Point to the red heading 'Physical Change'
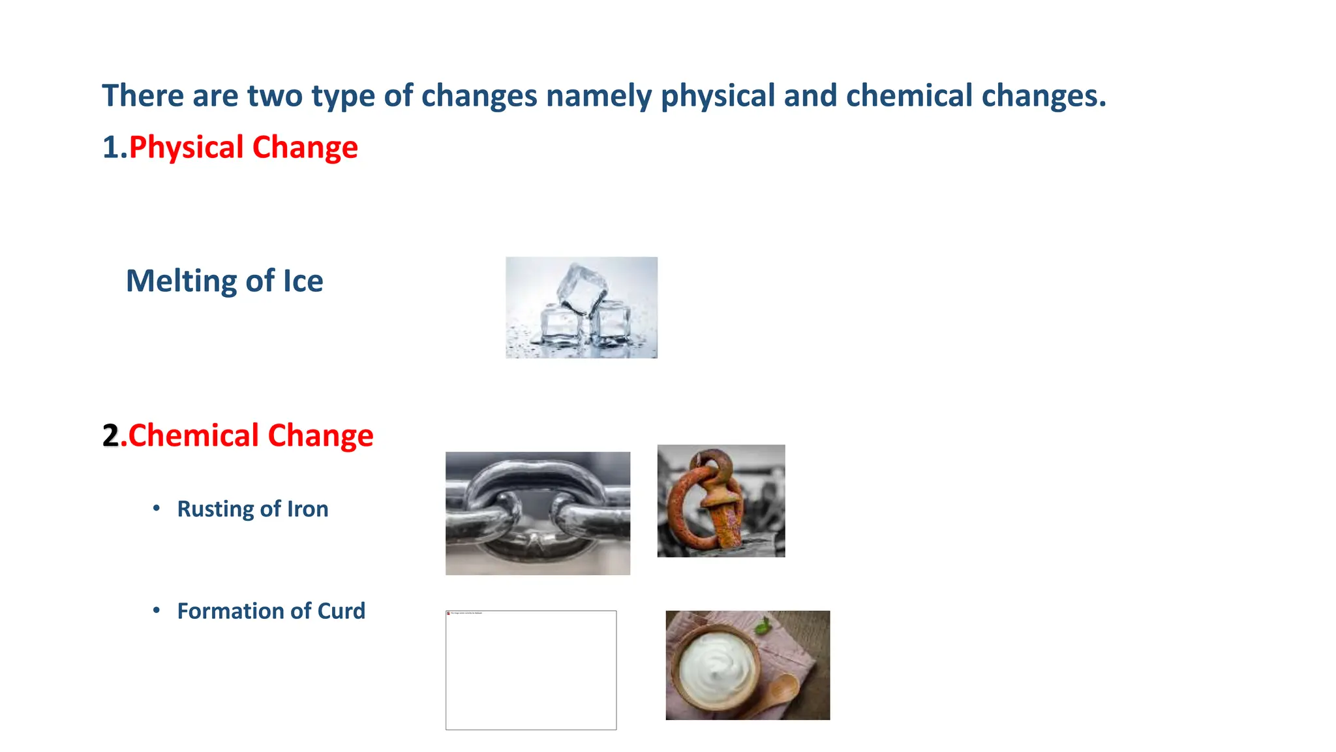click(243, 148)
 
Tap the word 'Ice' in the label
click(303, 281)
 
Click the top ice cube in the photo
click(582, 287)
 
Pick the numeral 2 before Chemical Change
click(111, 435)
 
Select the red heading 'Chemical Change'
click(250, 435)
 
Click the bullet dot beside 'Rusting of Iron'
click(156, 508)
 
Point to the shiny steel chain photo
click(538, 513)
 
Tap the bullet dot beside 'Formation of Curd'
click(156, 610)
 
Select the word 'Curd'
click(341, 611)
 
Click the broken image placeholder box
click(530, 670)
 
